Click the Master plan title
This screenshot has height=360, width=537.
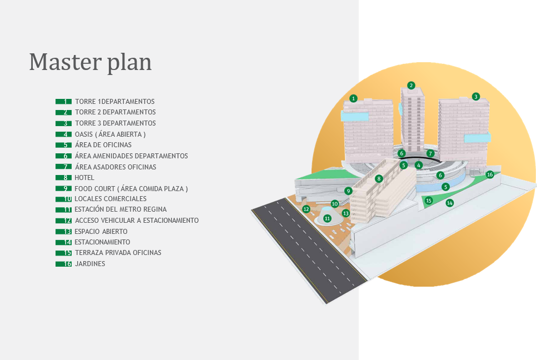(x=90, y=62)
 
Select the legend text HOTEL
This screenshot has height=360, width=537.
(x=84, y=178)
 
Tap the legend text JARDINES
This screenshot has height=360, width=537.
(x=90, y=264)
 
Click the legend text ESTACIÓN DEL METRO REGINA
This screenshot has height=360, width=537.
(x=121, y=209)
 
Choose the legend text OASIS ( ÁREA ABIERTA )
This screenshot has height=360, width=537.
(x=111, y=134)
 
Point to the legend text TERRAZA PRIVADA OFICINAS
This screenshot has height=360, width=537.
(x=118, y=253)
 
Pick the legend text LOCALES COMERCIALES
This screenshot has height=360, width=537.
(x=111, y=199)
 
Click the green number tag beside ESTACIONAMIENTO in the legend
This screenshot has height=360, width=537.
(x=64, y=242)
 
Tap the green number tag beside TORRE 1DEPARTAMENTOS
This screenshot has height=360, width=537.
(x=64, y=102)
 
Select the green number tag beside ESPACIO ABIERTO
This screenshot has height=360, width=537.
(x=64, y=232)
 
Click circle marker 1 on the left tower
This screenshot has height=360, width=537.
(x=353, y=99)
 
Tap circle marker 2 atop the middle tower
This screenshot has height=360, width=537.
(x=411, y=86)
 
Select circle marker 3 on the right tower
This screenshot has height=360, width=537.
(x=476, y=97)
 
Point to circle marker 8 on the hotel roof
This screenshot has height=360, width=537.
(x=378, y=178)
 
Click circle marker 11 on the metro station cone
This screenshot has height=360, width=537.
(x=327, y=218)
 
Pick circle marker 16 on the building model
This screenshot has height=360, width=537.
(x=490, y=174)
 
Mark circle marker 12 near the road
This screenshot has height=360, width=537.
(x=306, y=209)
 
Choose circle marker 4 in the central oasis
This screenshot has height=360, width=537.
(x=419, y=166)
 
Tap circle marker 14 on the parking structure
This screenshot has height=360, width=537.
(x=450, y=203)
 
